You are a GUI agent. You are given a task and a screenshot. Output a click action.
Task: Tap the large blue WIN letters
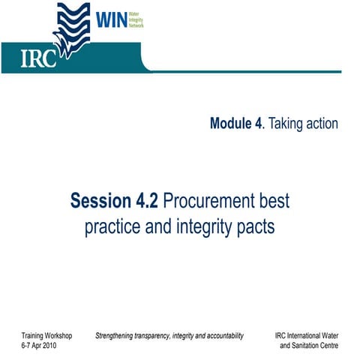(110, 17)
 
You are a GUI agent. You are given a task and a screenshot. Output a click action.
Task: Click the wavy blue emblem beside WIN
(74, 26)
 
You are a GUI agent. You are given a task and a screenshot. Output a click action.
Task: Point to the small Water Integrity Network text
(136, 18)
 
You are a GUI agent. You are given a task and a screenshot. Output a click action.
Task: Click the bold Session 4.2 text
(114, 201)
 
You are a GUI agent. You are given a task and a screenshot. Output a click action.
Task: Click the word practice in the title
(114, 226)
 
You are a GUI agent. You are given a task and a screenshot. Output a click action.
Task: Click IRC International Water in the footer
(307, 335)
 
